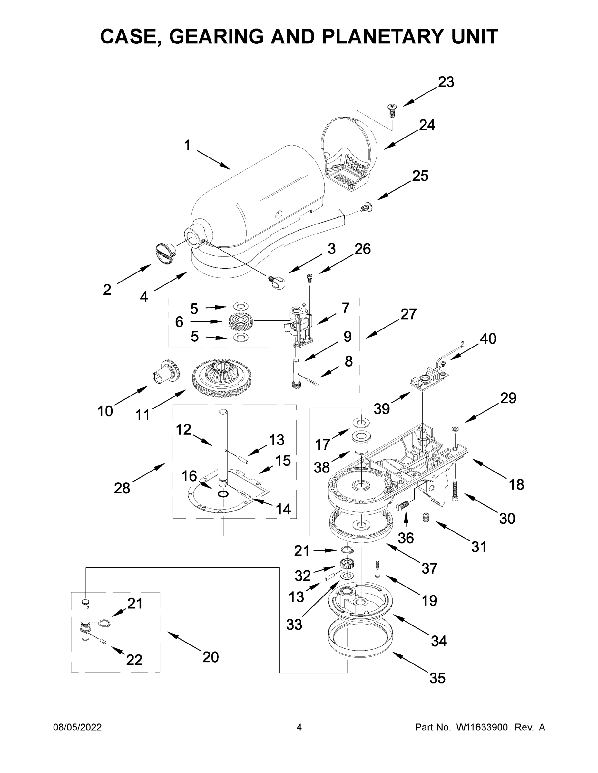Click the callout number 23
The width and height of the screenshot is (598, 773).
pos(446,82)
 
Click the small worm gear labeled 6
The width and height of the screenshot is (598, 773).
pos(240,321)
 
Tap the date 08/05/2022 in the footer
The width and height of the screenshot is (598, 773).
pos(77,728)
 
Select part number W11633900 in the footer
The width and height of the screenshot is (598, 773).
pos(482,728)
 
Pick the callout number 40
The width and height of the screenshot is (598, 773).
pos(488,339)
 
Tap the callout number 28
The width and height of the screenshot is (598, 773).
pos(122,488)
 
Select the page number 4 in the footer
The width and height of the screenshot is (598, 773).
pos(299,728)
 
